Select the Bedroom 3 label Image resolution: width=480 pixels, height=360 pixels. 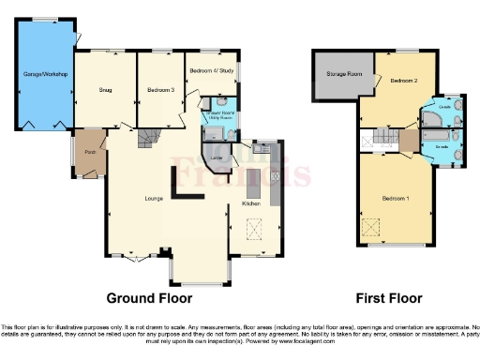pos(160,90)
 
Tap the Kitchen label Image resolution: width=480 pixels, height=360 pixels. pos(251,202)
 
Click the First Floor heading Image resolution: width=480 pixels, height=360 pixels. pos(388,298)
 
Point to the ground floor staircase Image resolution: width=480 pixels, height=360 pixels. pos(149,141)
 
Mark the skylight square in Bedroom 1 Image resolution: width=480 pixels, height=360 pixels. pos(371,226)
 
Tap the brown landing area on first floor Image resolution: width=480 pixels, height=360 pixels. pos(409,140)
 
